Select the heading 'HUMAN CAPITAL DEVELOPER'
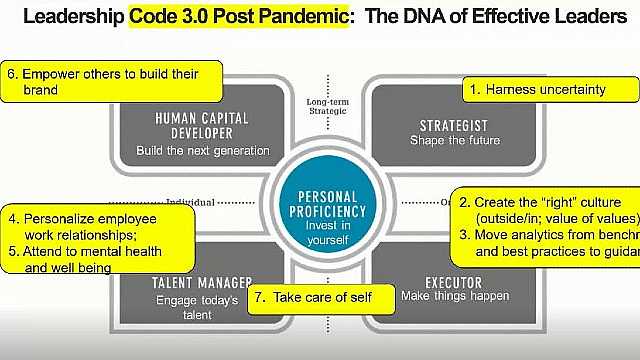click(195, 125)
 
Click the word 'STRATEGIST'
click(449, 125)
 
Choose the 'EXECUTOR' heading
click(453, 282)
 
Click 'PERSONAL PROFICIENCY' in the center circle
click(320, 204)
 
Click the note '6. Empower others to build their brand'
click(111, 80)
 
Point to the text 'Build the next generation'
click(204, 151)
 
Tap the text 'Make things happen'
click(455, 296)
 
